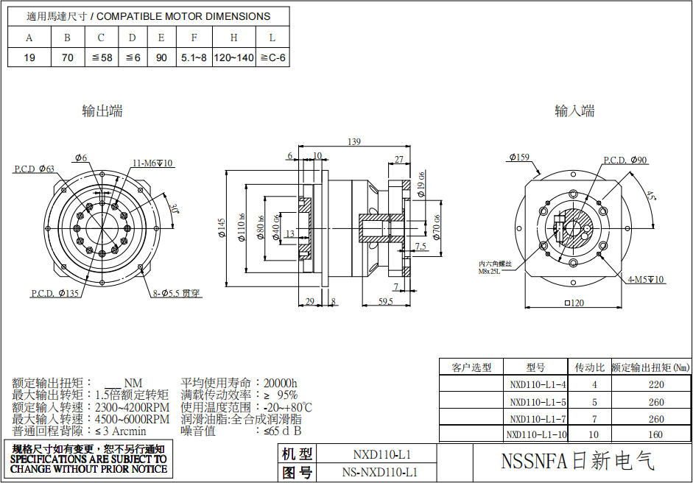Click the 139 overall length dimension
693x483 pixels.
(x=353, y=141)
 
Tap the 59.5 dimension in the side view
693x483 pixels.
(x=385, y=301)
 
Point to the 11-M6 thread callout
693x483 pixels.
(x=152, y=163)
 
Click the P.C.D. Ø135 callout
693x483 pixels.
(x=54, y=294)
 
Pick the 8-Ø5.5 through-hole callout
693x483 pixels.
(x=176, y=293)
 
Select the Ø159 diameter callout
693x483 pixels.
(x=519, y=157)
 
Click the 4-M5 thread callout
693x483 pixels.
(x=646, y=280)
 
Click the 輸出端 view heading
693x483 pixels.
(x=102, y=111)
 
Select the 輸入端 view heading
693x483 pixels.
(x=574, y=111)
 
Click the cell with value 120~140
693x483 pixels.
(x=233, y=57)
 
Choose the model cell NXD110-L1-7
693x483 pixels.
(x=538, y=419)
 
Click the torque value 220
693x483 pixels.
(x=655, y=384)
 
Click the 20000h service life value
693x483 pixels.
(x=281, y=383)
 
